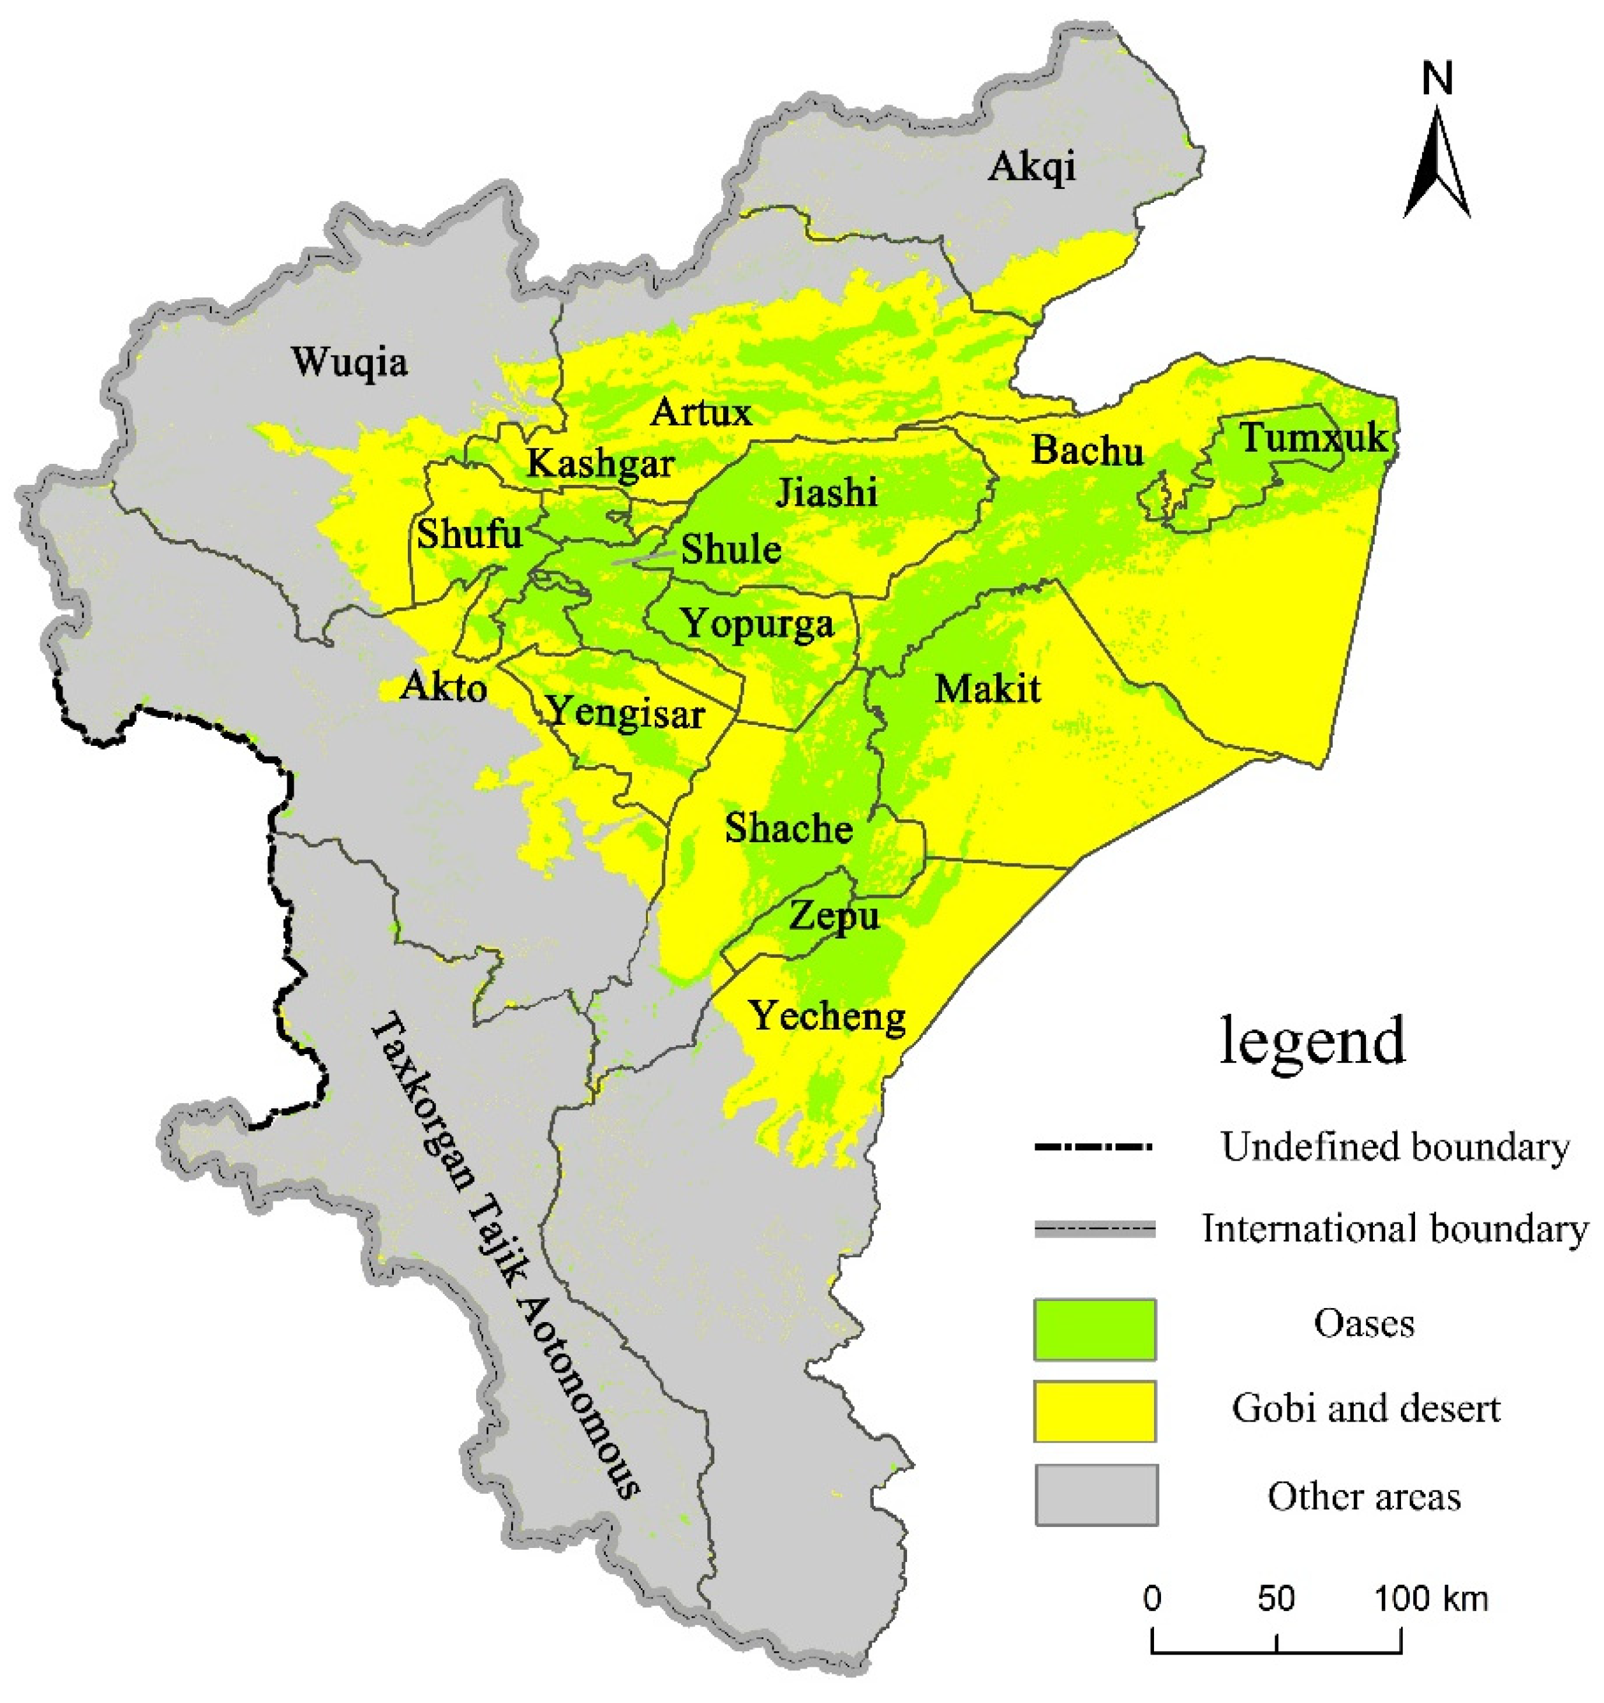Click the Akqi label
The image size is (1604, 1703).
[1031, 167]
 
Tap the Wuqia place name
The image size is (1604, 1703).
[350, 362]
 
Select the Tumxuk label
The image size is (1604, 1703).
[1314, 438]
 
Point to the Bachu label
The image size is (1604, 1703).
[1086, 450]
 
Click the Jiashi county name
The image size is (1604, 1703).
[826, 493]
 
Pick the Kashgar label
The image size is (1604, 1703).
[600, 465]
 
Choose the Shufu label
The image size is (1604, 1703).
[468, 535]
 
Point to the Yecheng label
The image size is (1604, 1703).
[828, 1018]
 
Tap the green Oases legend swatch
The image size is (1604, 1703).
[1094, 1330]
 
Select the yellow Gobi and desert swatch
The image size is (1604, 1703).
[1094, 1411]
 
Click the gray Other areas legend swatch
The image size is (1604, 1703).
[1096, 1495]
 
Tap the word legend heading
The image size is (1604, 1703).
[1312, 1041]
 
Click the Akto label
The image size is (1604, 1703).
[444, 687]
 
